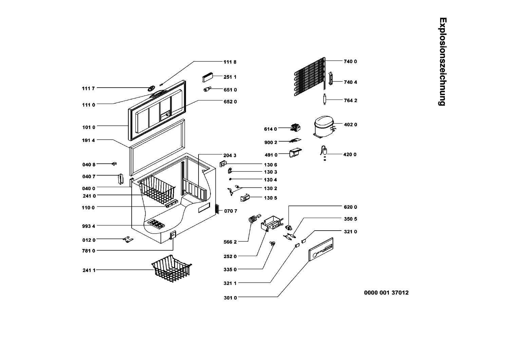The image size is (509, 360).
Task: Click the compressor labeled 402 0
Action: point(324,127)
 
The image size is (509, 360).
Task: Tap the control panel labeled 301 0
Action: point(321,250)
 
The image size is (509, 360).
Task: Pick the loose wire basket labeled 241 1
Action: point(172,268)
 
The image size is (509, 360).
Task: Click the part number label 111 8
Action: point(230,62)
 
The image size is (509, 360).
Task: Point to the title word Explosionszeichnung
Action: point(442,61)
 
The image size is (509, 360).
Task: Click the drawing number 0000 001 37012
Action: point(386,293)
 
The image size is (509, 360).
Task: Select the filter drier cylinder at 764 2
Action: point(325,99)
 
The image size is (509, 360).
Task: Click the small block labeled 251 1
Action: point(207,77)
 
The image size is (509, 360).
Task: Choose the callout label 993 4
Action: point(89,226)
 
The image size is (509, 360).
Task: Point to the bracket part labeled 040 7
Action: point(120,179)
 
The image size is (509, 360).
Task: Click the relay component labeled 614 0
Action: point(296,128)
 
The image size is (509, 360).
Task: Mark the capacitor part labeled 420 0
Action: point(325,152)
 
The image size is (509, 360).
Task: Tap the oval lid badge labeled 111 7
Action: point(151,88)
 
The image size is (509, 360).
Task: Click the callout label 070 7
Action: point(231,211)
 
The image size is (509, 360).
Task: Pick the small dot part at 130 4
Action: point(230,179)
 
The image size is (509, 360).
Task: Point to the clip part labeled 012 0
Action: point(128,240)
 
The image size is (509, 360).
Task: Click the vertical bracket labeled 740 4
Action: point(331,78)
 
